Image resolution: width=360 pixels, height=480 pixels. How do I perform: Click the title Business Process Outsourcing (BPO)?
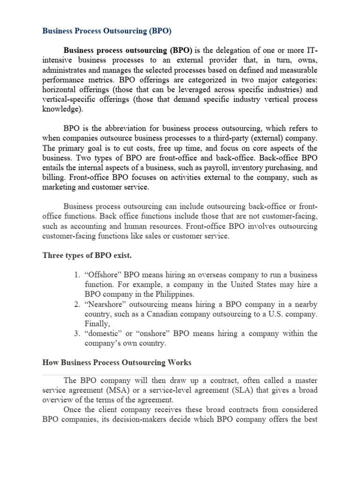107,31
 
